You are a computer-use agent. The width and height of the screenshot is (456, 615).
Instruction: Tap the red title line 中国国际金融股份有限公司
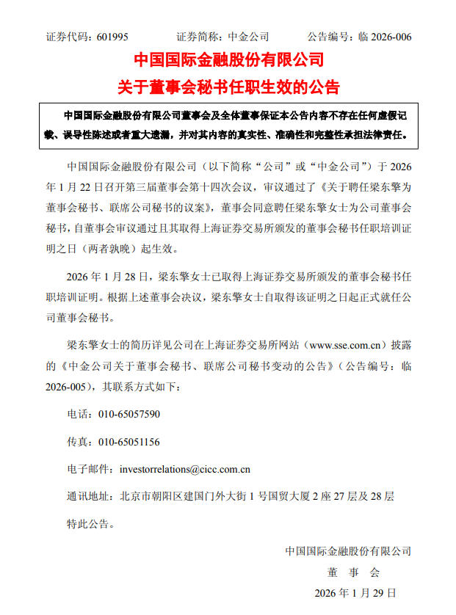pos(228,59)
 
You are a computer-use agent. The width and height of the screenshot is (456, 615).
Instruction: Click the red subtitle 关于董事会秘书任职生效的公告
pos(228,87)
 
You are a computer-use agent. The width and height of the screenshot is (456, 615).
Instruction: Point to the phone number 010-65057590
pos(129,414)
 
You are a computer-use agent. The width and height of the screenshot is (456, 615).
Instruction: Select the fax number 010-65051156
pos(129,442)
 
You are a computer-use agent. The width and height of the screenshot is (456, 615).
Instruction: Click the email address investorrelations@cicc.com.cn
pos(185,469)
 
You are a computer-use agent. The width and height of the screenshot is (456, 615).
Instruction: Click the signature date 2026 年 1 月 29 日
pos(355,592)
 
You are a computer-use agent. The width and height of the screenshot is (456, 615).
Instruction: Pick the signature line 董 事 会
pos(350,571)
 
